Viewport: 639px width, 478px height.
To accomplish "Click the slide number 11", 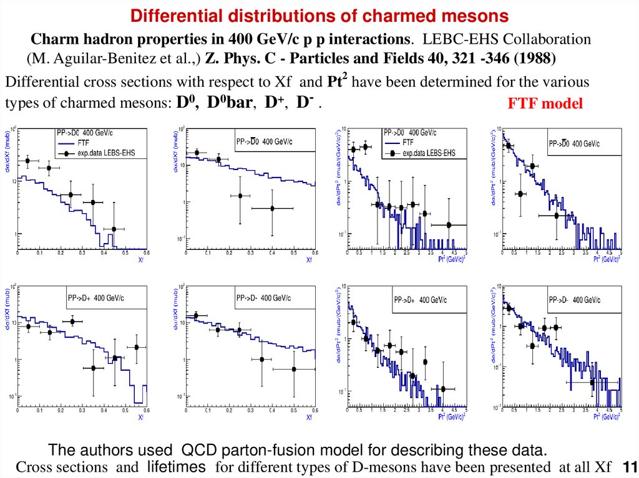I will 629,467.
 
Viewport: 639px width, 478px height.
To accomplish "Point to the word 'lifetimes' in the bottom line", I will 176,467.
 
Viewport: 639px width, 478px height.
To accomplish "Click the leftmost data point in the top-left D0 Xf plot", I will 27,161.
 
